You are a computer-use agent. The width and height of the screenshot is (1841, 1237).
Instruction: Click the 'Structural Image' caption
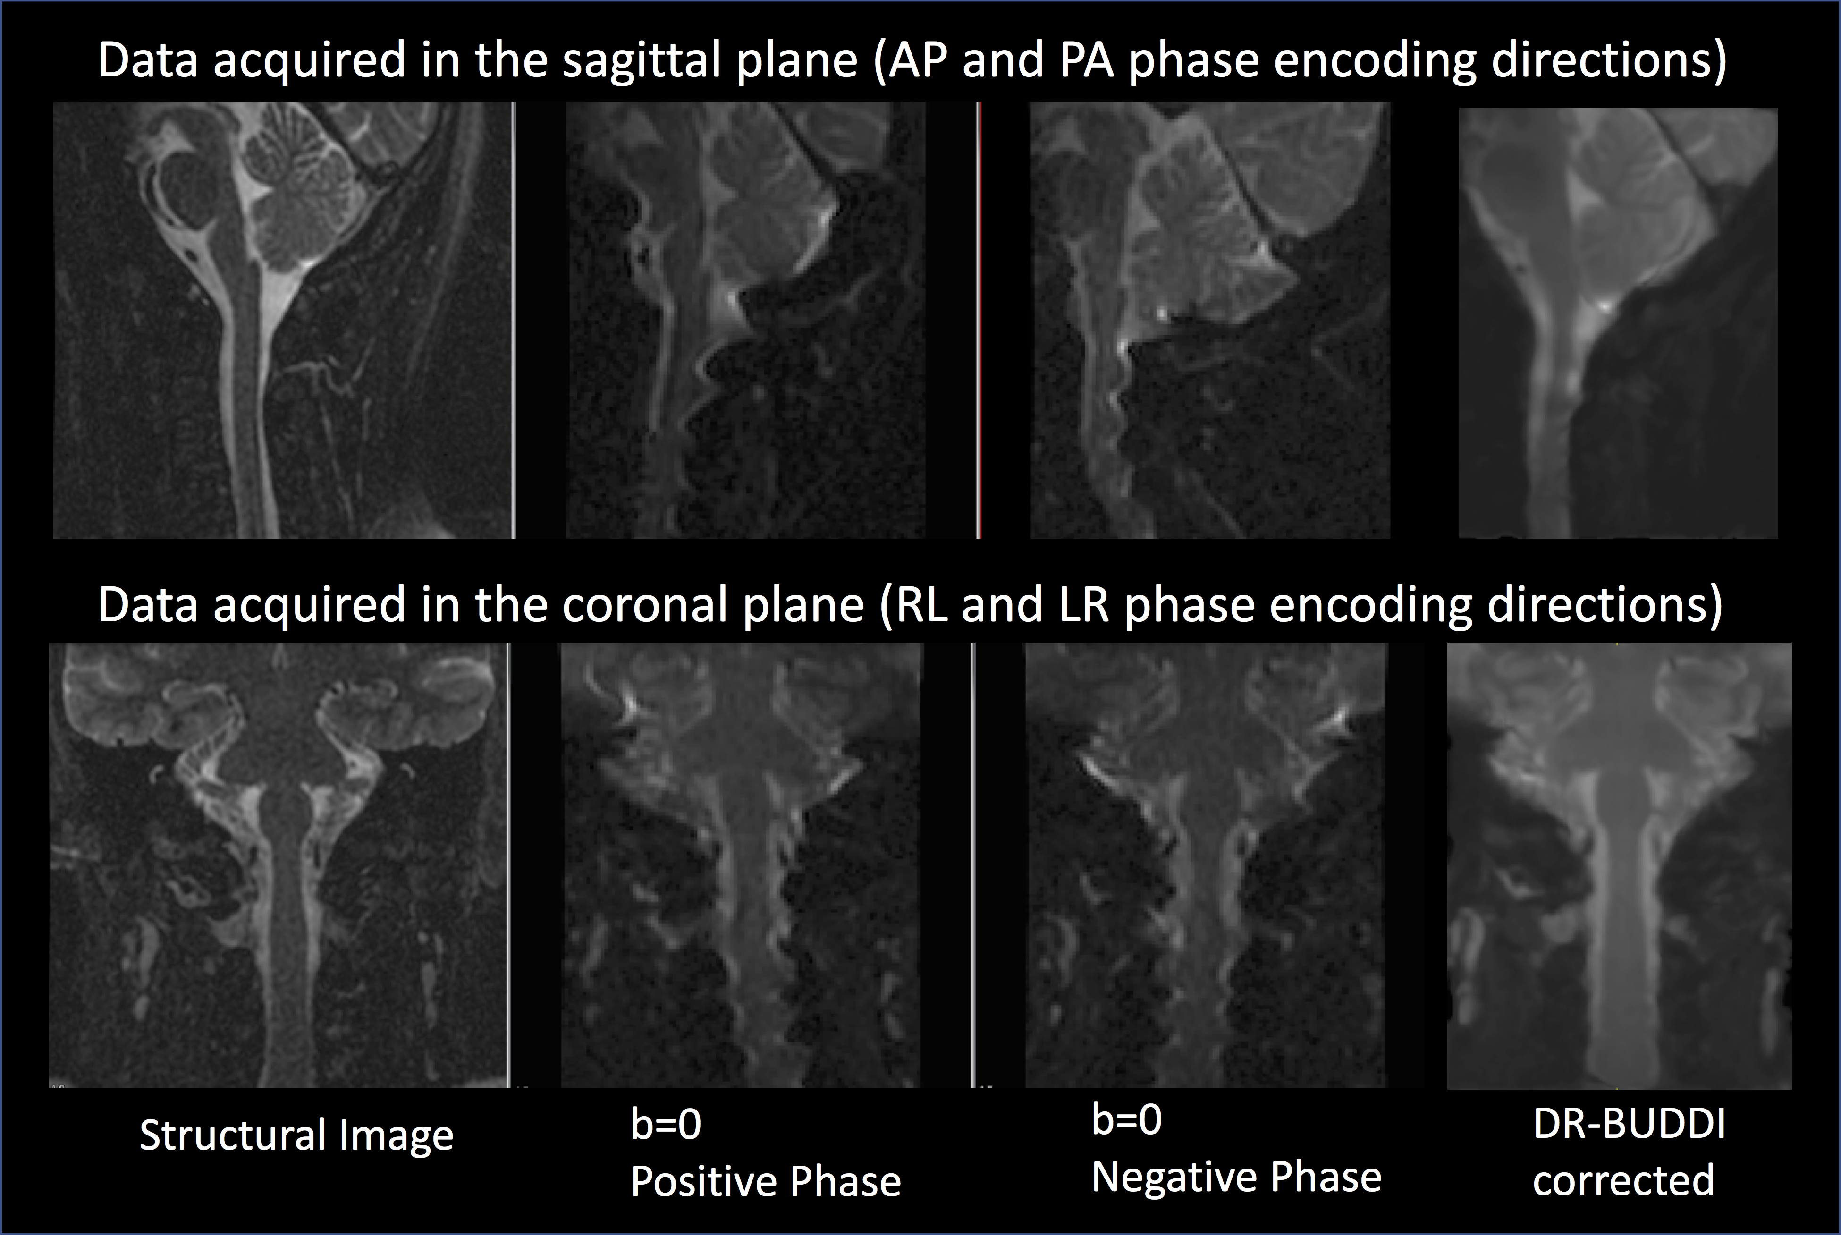tap(296, 1136)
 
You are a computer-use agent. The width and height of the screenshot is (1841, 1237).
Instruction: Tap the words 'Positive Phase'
tap(766, 1182)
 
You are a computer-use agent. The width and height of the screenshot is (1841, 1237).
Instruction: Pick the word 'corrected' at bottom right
tap(1623, 1181)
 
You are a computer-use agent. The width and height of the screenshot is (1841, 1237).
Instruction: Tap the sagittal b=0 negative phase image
tap(1210, 320)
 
